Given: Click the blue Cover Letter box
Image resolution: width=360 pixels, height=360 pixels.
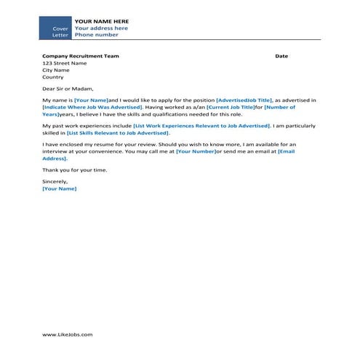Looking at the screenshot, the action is (x=55, y=28).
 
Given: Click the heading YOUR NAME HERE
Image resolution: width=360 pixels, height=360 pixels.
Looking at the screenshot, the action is (x=102, y=21).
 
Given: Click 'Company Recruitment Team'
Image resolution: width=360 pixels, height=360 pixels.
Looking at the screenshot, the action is (x=80, y=55).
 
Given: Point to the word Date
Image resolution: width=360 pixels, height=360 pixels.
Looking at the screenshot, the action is (x=281, y=55).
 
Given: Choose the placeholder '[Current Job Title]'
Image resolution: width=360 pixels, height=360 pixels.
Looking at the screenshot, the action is (x=230, y=106).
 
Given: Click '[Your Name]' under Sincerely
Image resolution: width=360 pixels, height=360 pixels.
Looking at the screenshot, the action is (x=59, y=189).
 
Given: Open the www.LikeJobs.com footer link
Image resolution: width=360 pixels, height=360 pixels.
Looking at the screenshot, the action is (x=68, y=335).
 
